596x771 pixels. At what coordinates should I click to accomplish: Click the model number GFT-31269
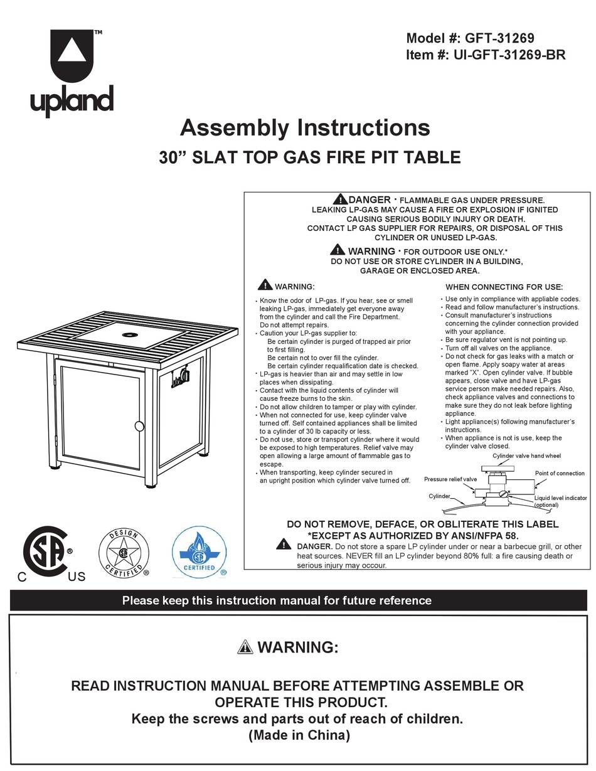coord(499,38)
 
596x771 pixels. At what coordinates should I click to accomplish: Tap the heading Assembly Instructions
coord(305,128)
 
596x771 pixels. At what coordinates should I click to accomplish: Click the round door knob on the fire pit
coord(139,427)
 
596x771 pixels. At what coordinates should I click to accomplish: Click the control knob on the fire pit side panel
coord(183,375)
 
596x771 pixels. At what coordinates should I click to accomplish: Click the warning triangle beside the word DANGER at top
coord(341,199)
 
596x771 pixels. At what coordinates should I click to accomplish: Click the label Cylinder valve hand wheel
coord(526,456)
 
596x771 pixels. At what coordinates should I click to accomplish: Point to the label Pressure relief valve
coord(450,479)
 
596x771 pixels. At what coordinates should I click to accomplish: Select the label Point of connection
coord(559,473)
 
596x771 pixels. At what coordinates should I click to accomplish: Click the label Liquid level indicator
coord(560,498)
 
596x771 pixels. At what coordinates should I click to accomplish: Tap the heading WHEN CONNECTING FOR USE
coord(504,287)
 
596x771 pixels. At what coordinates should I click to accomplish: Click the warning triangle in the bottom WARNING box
coord(245,647)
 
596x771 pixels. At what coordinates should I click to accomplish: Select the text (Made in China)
coord(299,735)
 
